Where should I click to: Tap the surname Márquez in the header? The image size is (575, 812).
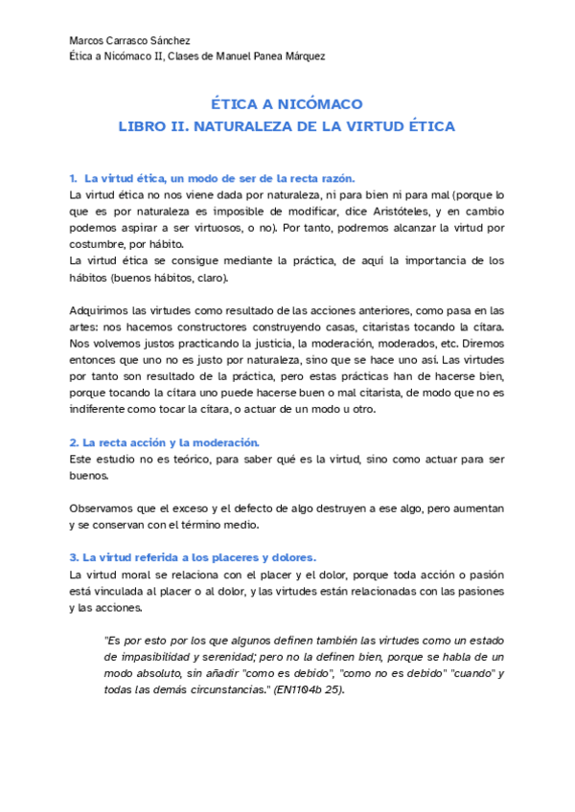[x=303, y=56]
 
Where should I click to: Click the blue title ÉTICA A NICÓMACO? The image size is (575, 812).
[x=287, y=104]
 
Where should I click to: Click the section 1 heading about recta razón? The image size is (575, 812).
[x=212, y=178]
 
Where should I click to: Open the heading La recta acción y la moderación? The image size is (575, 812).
[x=164, y=442]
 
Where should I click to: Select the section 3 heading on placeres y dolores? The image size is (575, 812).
[x=192, y=557]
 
